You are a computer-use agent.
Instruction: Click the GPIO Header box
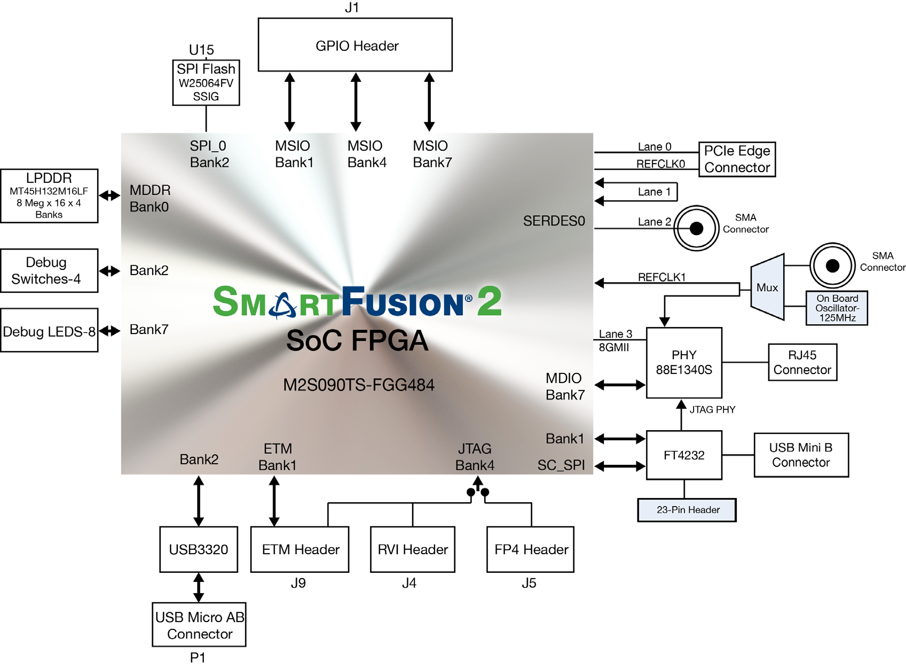click(x=355, y=45)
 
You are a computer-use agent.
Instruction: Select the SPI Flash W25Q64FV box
click(x=206, y=82)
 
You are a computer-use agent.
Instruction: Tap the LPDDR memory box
click(x=49, y=196)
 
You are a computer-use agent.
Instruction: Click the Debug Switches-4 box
click(x=49, y=270)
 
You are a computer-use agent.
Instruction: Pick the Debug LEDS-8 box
click(x=49, y=330)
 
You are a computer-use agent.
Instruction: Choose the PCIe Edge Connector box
click(x=737, y=159)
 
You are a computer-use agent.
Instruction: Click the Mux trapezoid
click(x=767, y=287)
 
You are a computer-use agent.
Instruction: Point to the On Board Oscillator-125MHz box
click(x=837, y=308)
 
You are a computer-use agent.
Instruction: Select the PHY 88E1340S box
click(x=684, y=362)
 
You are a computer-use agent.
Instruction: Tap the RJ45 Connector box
click(x=802, y=362)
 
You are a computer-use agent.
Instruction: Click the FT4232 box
click(x=684, y=455)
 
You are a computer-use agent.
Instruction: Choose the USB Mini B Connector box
click(x=801, y=455)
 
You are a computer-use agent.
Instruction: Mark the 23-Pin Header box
click(x=687, y=510)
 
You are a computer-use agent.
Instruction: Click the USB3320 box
click(x=199, y=549)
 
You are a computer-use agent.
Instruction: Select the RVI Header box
click(x=413, y=549)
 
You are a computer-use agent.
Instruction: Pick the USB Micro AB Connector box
click(x=199, y=625)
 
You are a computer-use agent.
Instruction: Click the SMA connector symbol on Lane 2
click(x=696, y=229)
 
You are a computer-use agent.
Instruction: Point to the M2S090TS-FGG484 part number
click(x=359, y=385)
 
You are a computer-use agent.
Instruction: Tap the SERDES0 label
click(x=554, y=221)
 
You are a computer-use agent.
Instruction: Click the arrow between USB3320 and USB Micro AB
click(x=199, y=587)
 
